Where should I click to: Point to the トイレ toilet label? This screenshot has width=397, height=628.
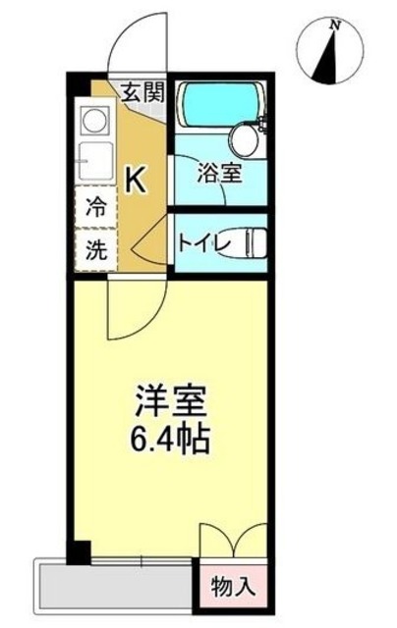[203, 242]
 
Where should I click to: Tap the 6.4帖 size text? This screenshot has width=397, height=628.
[171, 438]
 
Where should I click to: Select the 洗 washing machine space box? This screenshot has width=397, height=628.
[96, 249]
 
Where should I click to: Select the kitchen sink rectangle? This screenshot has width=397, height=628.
[95, 161]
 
